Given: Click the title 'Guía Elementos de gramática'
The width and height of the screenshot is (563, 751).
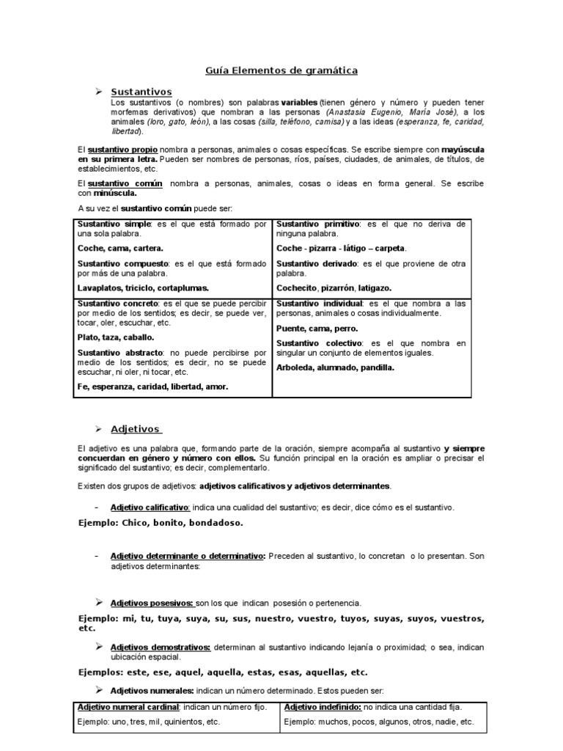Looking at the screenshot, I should (x=281, y=70).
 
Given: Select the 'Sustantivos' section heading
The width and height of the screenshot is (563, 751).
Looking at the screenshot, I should (x=141, y=92).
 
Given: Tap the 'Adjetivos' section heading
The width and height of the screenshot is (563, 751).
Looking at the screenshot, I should (x=136, y=428).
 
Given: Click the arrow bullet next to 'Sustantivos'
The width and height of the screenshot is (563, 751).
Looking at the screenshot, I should (x=97, y=91).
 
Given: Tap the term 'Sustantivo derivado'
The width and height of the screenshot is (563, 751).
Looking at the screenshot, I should (x=317, y=263).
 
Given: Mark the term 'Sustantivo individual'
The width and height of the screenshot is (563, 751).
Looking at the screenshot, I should (x=320, y=303).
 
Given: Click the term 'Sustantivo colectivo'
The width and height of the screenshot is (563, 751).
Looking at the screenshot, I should (x=319, y=342).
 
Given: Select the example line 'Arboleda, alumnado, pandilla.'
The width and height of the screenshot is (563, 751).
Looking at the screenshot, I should (x=335, y=367).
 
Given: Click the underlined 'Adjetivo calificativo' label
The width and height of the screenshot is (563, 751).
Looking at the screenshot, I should (x=150, y=507).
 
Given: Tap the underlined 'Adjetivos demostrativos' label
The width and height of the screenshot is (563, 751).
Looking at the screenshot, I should (x=161, y=647).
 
